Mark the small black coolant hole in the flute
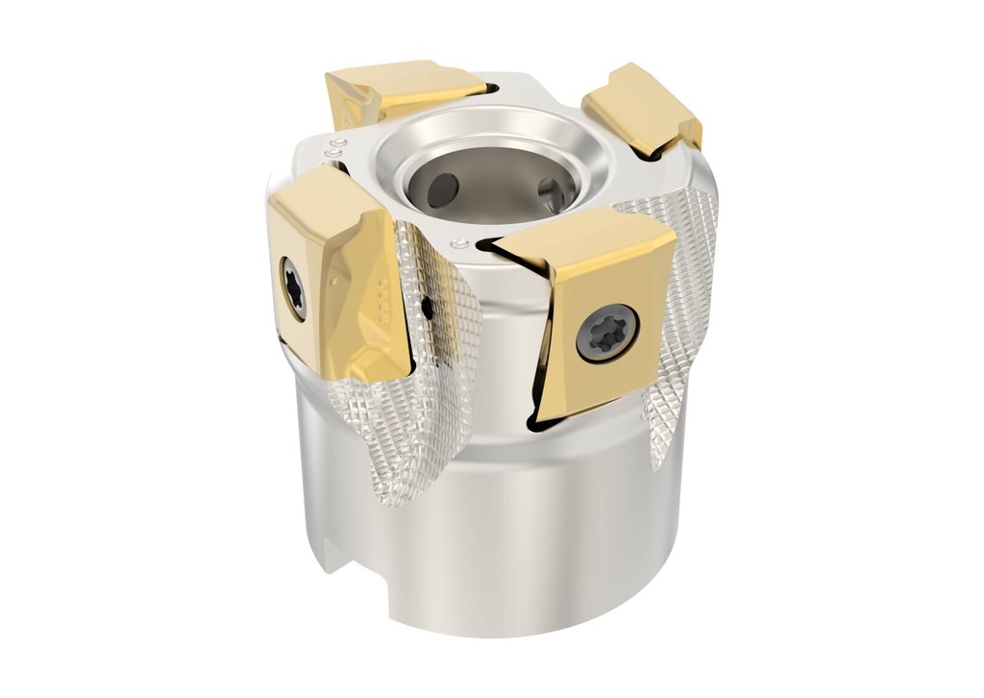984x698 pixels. pos(426,308)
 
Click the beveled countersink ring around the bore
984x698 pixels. pos(490,135)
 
